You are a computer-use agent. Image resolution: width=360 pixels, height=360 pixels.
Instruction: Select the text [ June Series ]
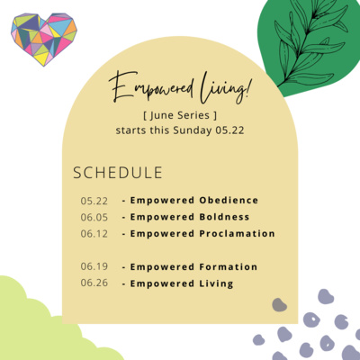click(x=179, y=116)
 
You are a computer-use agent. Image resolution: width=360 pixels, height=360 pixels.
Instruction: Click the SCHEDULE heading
click(x=117, y=172)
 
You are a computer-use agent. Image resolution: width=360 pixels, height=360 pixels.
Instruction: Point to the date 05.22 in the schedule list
click(x=94, y=200)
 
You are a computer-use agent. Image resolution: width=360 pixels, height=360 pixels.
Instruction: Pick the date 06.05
click(x=94, y=217)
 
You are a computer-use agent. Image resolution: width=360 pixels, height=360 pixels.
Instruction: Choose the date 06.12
click(x=94, y=233)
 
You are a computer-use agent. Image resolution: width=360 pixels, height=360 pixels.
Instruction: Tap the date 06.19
click(x=94, y=266)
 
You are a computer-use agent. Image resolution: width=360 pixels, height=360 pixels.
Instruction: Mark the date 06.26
click(x=94, y=283)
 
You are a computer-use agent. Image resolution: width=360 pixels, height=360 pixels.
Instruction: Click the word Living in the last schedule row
click(x=216, y=283)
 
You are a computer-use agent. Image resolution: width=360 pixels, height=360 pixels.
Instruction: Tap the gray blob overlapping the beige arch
click(x=280, y=305)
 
